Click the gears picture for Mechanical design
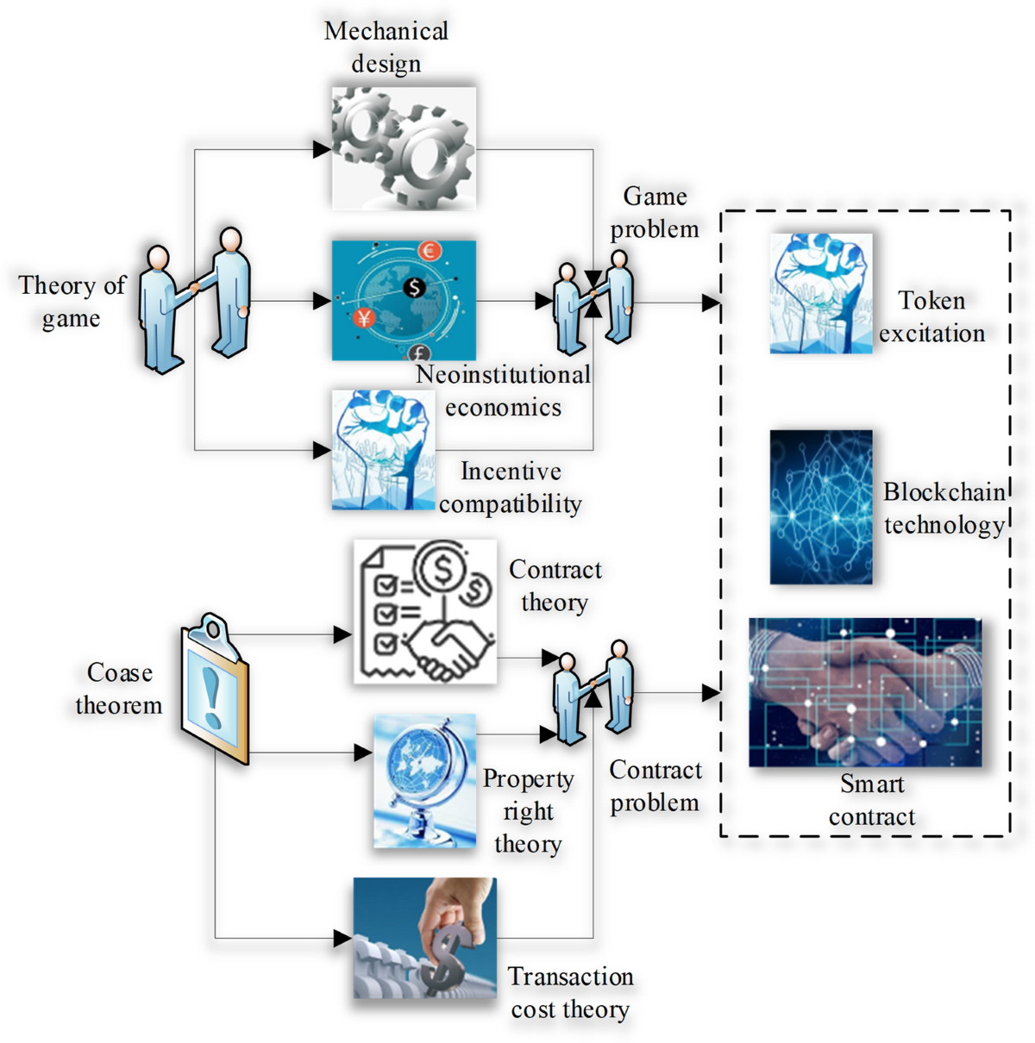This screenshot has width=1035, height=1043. (404, 147)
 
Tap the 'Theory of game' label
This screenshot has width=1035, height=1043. (72, 302)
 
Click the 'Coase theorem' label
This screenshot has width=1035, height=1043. (119, 689)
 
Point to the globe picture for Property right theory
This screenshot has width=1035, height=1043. (424, 780)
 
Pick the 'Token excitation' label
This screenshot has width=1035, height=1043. (931, 316)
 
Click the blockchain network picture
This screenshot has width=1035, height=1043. (821, 507)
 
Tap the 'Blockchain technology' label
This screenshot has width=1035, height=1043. (944, 508)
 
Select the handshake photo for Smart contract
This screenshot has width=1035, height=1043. (865, 692)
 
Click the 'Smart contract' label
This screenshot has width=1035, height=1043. (872, 800)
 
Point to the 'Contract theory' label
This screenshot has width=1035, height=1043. (555, 585)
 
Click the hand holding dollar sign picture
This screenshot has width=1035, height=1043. (425, 938)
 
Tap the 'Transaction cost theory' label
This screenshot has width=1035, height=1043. (570, 992)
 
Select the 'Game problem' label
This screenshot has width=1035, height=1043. (655, 212)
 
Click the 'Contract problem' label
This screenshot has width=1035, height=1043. (655, 786)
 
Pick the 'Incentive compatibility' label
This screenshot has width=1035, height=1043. (511, 487)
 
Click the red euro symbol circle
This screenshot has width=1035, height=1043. (429, 251)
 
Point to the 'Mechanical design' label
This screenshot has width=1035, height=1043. (386, 47)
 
